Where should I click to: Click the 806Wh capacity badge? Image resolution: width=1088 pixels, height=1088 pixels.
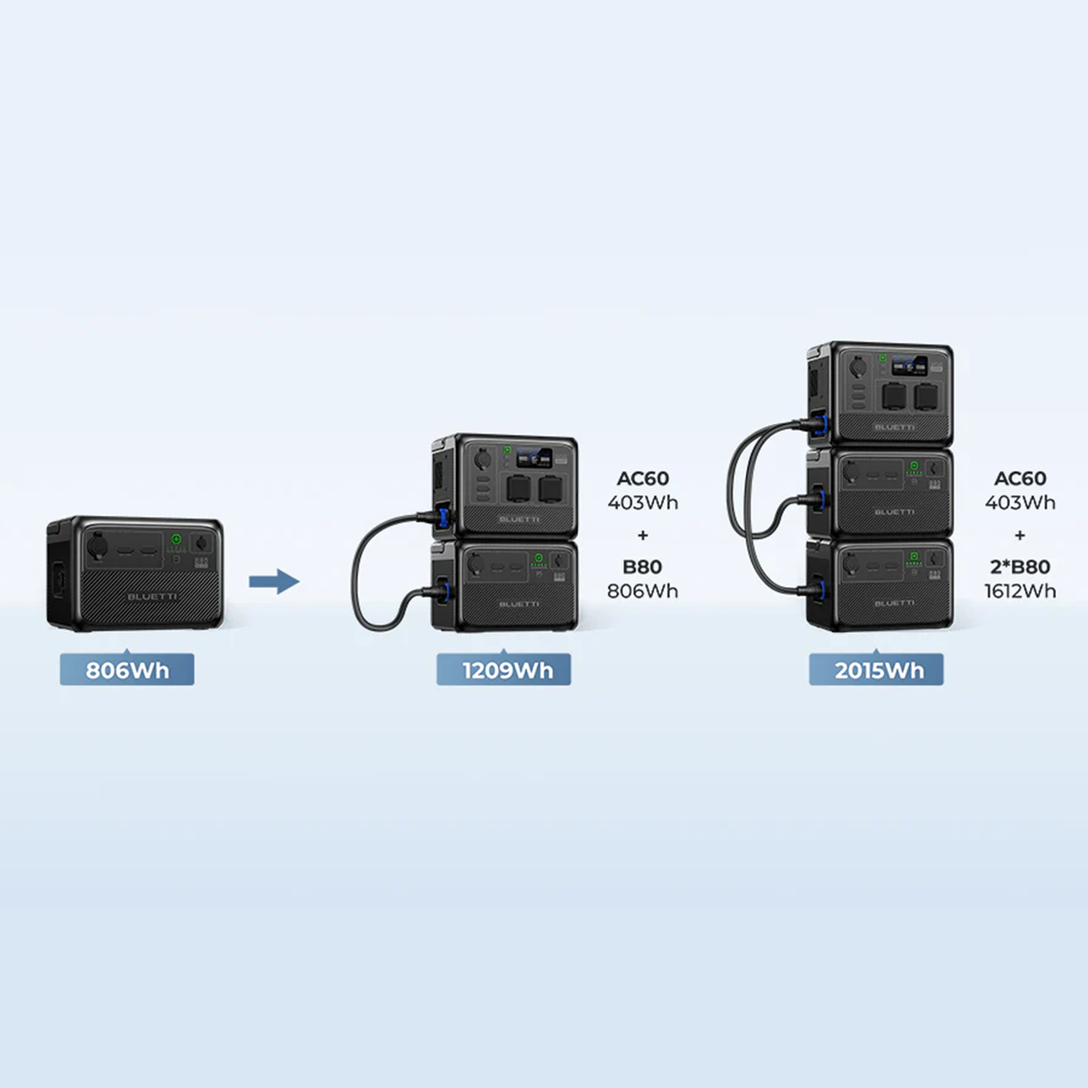127,669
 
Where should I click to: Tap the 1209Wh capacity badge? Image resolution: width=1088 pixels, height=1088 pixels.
504,669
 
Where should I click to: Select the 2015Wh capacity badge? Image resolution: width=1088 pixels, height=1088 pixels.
876,669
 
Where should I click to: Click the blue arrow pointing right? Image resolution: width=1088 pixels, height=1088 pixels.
273,581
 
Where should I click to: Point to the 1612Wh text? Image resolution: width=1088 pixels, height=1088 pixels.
1020,591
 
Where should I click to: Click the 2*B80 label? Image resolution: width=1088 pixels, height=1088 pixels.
1020,566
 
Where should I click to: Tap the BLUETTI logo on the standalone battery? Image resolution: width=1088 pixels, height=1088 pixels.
152,597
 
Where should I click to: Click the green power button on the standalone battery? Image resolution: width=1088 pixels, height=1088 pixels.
176,539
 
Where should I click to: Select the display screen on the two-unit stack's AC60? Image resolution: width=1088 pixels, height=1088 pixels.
535,458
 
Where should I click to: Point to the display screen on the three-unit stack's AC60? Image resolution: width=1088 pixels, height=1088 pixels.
910,366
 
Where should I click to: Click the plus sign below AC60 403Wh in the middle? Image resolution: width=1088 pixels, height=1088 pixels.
643,535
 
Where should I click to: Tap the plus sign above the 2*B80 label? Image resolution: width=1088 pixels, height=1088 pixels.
1020,535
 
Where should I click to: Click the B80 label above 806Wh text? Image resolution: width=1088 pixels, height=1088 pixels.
643,566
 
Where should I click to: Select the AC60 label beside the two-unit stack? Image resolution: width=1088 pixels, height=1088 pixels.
643,479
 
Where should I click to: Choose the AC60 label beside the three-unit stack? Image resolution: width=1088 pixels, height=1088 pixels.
1020,479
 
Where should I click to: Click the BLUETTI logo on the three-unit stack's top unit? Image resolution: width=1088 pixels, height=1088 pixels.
894,427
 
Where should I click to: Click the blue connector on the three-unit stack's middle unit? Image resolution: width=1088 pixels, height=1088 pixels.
820,498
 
